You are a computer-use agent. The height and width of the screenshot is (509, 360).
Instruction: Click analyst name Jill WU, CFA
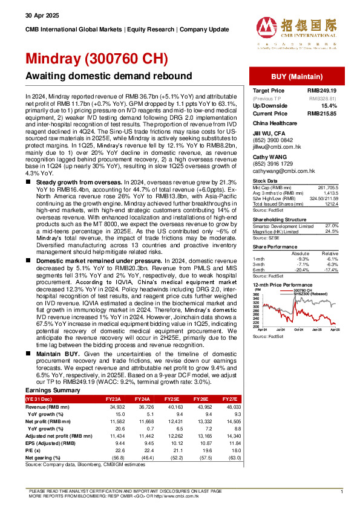click(x=269, y=132)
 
